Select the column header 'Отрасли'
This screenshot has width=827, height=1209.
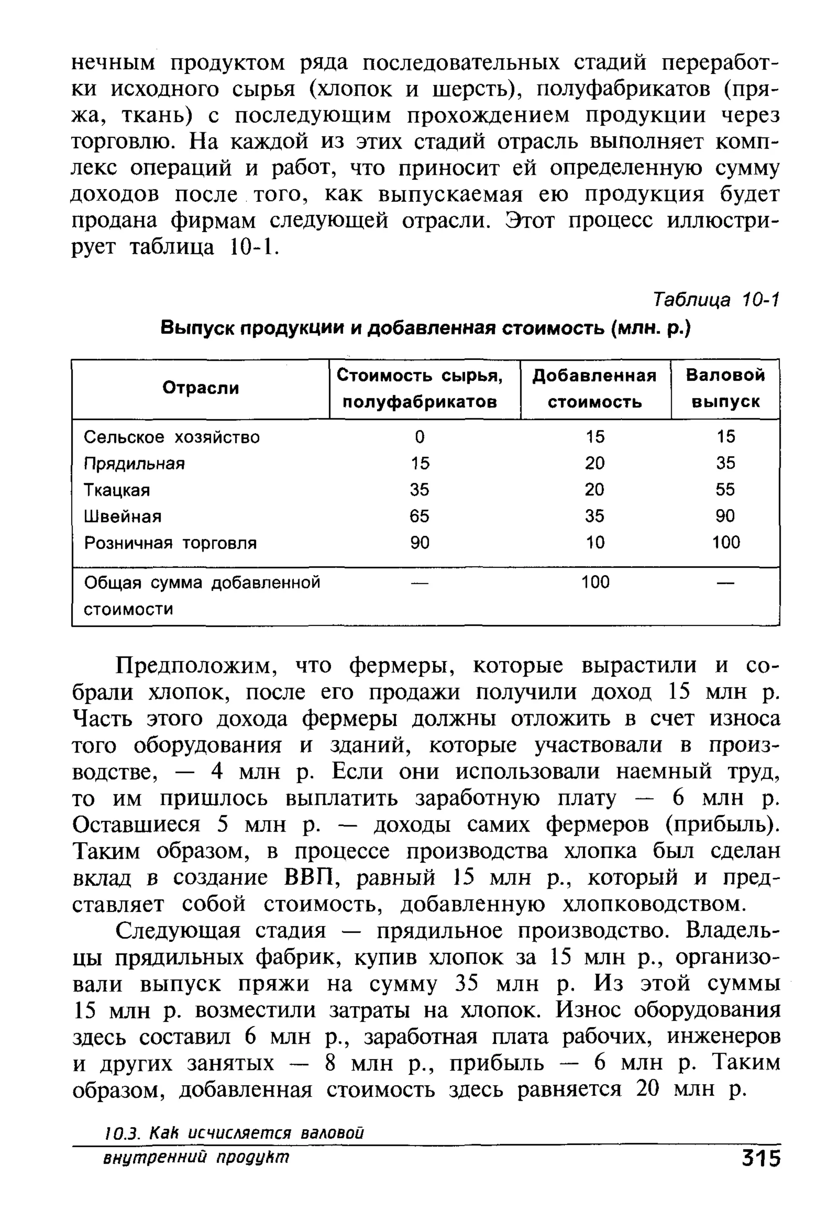200,388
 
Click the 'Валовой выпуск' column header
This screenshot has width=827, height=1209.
725,388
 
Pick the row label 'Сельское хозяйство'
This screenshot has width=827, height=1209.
171,437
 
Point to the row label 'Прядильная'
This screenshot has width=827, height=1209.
134,464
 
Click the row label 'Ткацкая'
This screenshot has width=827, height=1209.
117,490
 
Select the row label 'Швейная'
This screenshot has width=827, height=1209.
123,516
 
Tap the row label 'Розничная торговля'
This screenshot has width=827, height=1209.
170,543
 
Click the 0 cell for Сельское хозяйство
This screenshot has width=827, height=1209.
419,437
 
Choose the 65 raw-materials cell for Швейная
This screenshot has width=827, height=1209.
419,516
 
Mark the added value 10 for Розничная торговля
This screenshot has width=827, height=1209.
595,543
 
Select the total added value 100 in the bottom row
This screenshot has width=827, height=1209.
595,582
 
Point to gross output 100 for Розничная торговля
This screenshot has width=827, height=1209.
726,543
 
